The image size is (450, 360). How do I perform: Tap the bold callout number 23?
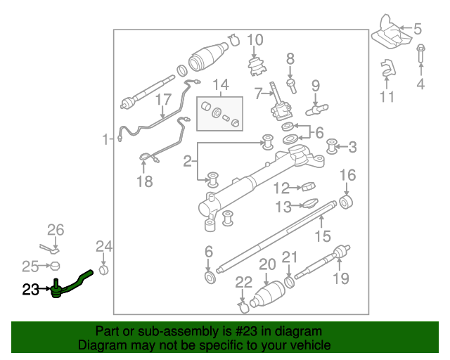pyautogui.click(x=30, y=290)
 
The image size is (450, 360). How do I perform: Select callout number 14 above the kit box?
pyautogui.click(x=221, y=84)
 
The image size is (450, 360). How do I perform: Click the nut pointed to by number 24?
pyautogui.click(x=103, y=270)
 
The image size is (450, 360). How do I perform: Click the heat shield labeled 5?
pyautogui.click(x=391, y=32)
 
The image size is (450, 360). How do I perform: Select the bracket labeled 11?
pyautogui.click(x=387, y=67)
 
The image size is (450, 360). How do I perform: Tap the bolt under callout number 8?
pyautogui.click(x=291, y=86)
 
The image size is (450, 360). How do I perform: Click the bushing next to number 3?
pyautogui.click(x=332, y=146)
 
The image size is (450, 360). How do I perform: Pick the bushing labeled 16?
pyautogui.click(x=346, y=202)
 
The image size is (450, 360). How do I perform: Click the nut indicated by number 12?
pyautogui.click(x=309, y=186)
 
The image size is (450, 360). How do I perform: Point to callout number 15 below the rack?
pyautogui.click(x=323, y=236)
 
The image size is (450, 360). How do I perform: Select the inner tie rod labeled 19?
pyautogui.click(x=322, y=262)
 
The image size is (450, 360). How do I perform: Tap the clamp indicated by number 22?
pyautogui.click(x=243, y=307)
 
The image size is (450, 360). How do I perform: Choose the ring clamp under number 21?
pyautogui.click(x=290, y=282)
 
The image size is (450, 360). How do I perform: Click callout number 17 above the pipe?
pyautogui.click(x=163, y=100)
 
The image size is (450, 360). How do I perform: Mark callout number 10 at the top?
pyautogui.click(x=255, y=40)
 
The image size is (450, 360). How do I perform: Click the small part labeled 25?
pyautogui.click(x=55, y=266)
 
